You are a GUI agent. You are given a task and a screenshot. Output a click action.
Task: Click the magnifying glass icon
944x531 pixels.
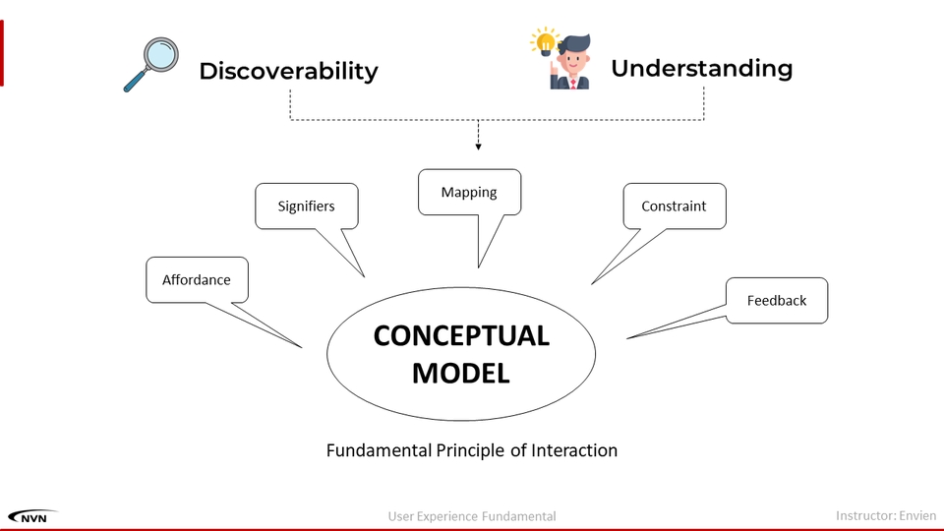151,65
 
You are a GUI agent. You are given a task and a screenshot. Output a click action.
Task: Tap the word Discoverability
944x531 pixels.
288,71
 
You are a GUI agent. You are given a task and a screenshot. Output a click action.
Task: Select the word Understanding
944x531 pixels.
701,68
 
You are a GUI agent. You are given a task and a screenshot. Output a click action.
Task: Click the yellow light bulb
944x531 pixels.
545,42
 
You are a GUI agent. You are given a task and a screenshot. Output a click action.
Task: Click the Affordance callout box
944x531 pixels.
197,280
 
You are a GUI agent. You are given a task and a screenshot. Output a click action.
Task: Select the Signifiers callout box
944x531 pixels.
307,206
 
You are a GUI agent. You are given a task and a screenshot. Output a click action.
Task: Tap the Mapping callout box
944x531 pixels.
470,192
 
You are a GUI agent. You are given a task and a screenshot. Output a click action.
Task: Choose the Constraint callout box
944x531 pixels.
675,206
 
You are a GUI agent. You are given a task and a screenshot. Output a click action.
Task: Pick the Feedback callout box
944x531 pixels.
777,301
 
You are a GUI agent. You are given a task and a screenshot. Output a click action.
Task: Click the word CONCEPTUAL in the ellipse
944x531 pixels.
461,336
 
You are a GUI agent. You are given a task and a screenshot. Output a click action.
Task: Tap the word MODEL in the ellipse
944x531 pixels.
461,374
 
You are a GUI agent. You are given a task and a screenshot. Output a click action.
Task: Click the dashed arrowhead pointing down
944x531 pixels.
478,147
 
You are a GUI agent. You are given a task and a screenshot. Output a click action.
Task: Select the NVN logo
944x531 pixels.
32,516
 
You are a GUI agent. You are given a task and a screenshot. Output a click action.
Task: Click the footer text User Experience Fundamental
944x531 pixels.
472,516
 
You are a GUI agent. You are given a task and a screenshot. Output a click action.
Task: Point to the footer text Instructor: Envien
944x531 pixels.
886,516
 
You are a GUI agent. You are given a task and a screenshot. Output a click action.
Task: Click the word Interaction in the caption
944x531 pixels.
574,450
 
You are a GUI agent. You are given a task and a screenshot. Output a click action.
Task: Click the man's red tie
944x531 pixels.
573,84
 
